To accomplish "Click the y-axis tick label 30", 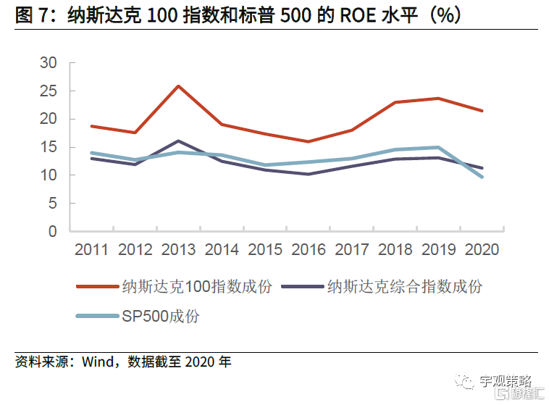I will pos(48,63).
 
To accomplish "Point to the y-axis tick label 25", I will pos(48,91).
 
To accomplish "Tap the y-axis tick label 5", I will pos(52,204).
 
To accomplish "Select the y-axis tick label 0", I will pos(52,232).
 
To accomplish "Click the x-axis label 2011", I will pos(91,250).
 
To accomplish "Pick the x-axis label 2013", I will pos(178,250).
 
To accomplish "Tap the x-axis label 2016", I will pos(309,250).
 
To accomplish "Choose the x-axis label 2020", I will pos(482,250).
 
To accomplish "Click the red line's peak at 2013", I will pos(178,86).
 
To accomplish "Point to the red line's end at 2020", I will pos(482,111).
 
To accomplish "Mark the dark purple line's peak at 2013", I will pos(178,141).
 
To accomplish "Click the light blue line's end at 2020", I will pos(482,177).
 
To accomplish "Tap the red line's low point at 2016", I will pos(309,141).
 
